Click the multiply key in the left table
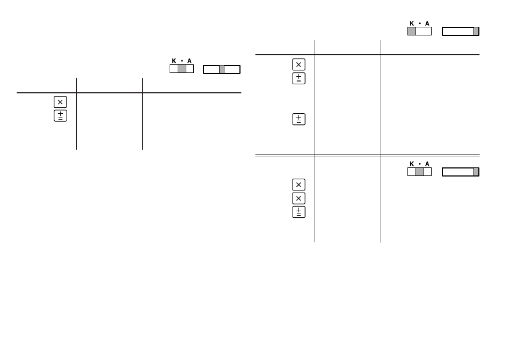click(60, 102)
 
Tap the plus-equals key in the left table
click(60, 116)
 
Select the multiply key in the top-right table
click(298, 65)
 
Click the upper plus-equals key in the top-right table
click(298, 78)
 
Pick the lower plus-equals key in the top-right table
click(298, 119)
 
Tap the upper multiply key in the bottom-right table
click(298, 185)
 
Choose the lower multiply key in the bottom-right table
click(298, 198)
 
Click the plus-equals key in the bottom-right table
click(298, 212)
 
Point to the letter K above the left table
click(174, 61)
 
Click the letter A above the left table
click(190, 61)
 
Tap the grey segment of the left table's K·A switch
click(182, 69)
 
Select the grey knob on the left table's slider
click(222, 69)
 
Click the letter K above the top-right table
click(412, 24)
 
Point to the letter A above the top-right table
click(427, 24)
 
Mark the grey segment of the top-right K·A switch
click(412, 31)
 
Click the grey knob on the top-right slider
click(476, 31)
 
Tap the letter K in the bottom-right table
click(412, 164)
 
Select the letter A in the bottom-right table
click(427, 164)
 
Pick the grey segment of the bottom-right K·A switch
click(420, 172)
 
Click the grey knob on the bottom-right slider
click(476, 172)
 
